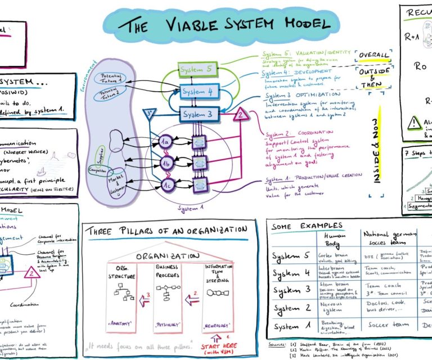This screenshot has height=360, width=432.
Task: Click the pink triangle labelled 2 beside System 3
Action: coord(240,115)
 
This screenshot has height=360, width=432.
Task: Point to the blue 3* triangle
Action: coord(150,112)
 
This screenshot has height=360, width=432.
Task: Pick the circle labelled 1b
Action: coord(165,163)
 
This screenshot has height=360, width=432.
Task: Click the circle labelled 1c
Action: coord(165,184)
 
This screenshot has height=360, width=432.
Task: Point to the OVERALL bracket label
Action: coord(373,55)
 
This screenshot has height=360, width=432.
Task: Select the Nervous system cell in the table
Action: coord(334,307)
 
